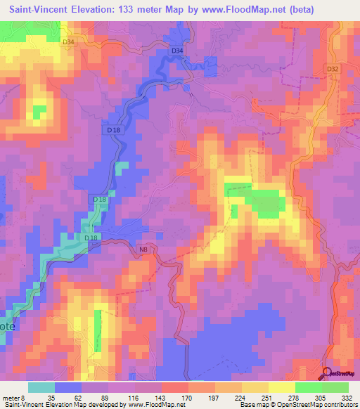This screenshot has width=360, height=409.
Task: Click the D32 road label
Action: (x=333, y=69)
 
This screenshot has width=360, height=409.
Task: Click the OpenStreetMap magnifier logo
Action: (x=326, y=375)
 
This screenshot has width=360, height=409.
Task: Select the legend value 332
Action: (x=347, y=396)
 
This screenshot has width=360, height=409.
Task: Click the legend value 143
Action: (x=162, y=396)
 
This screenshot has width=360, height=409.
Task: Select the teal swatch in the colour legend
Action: (x=41, y=387)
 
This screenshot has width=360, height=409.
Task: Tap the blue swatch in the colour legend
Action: (x=68, y=387)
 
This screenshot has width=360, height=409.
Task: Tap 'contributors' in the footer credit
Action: (x=339, y=405)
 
